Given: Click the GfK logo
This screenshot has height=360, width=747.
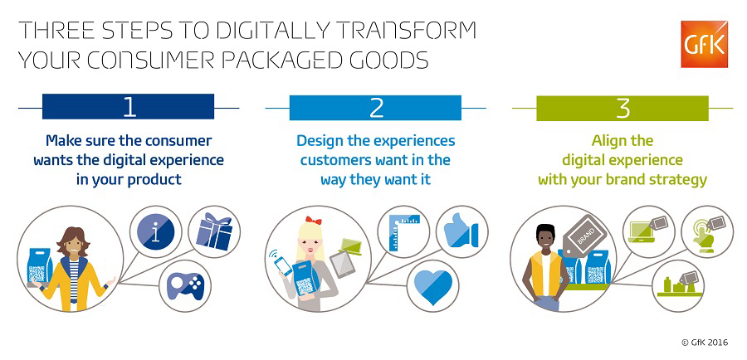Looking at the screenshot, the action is point(704,44).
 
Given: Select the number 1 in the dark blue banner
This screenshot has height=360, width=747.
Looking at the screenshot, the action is point(129,107).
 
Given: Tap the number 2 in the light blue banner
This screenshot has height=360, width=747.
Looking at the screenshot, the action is point(376,108).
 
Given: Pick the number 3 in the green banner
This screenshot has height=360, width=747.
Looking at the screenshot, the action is point(622,109).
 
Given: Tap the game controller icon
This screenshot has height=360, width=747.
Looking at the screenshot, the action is point(185,285).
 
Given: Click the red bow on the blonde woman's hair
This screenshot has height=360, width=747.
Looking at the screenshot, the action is point(314,221).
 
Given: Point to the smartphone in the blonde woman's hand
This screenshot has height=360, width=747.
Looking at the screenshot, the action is point(283,265).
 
